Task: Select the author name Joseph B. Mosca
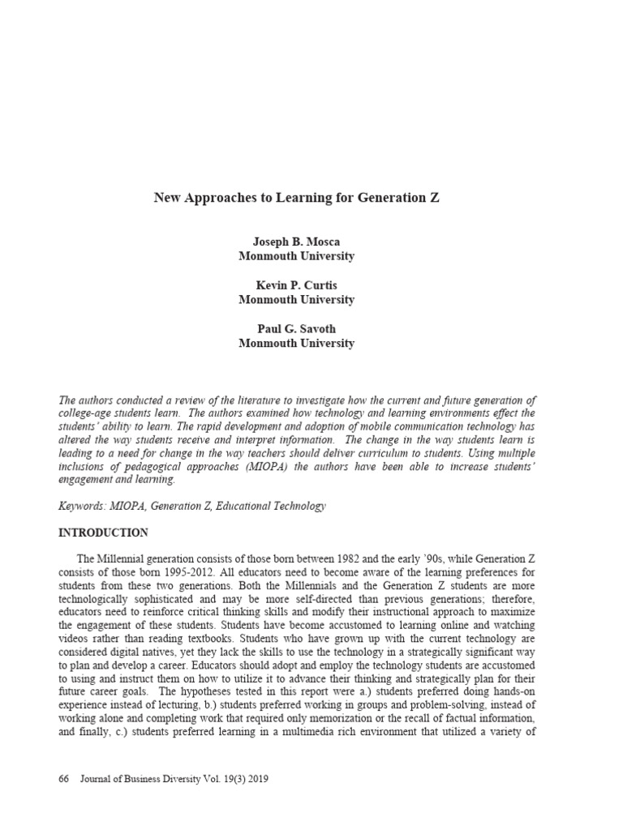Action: (x=296, y=242)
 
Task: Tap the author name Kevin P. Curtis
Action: (x=296, y=286)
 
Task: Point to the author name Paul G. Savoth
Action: (x=296, y=330)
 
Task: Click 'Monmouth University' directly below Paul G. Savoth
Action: (x=296, y=343)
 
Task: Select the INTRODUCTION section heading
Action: (x=104, y=533)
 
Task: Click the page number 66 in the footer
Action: (x=65, y=779)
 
